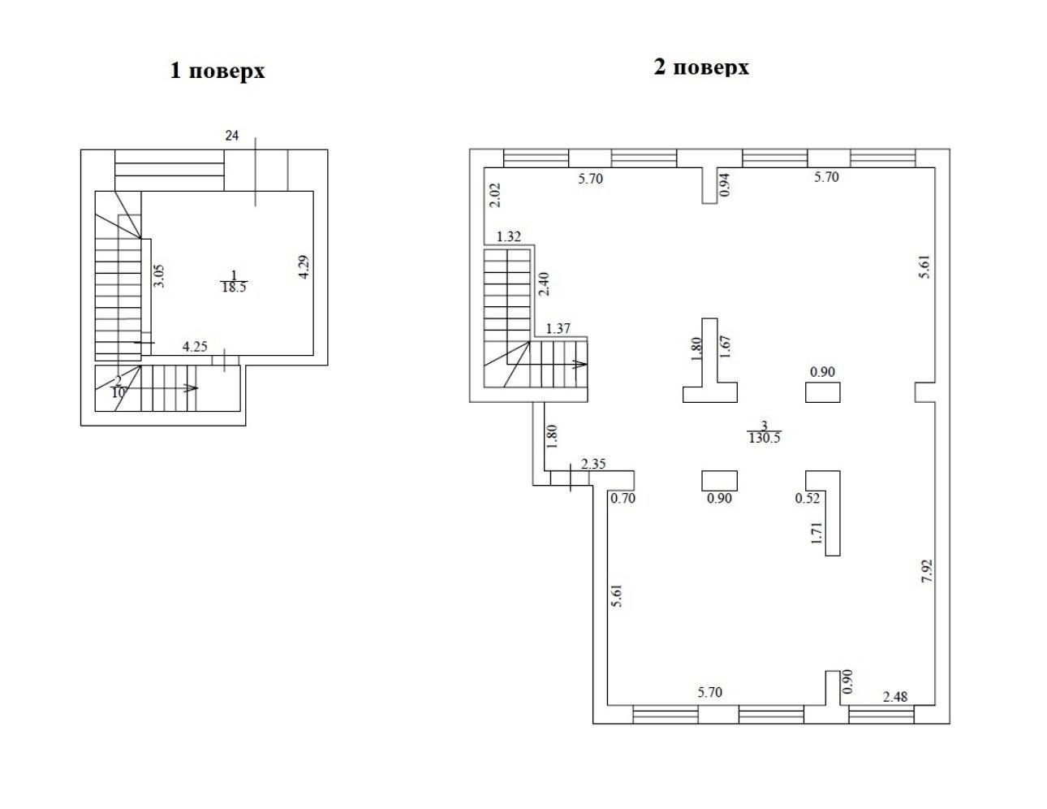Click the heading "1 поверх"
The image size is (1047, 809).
pos(218,71)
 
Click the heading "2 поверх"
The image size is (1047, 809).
pos(701,67)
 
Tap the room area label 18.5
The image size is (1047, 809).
pos(235,288)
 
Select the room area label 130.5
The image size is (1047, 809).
pos(765,438)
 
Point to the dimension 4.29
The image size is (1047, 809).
pos(304,266)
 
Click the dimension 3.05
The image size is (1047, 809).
pos(158,276)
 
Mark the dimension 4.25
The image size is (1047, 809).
pos(195,347)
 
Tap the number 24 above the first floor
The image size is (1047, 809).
pos(232,136)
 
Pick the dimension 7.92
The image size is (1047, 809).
pos(927,571)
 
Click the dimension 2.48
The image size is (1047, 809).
pos(895,697)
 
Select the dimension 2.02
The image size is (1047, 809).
pos(495,195)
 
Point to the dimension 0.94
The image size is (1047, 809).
pos(724,184)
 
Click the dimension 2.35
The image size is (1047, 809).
pos(593,464)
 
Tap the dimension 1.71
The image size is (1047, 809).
pos(816,533)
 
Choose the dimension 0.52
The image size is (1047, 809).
pos(808,498)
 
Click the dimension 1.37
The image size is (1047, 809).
pos(558,329)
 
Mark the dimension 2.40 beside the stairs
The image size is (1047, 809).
pos(544,284)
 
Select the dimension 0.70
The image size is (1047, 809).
pos(623,498)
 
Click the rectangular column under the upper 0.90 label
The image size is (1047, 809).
pos(823,392)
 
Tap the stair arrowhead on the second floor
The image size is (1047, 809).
pos(580,364)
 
